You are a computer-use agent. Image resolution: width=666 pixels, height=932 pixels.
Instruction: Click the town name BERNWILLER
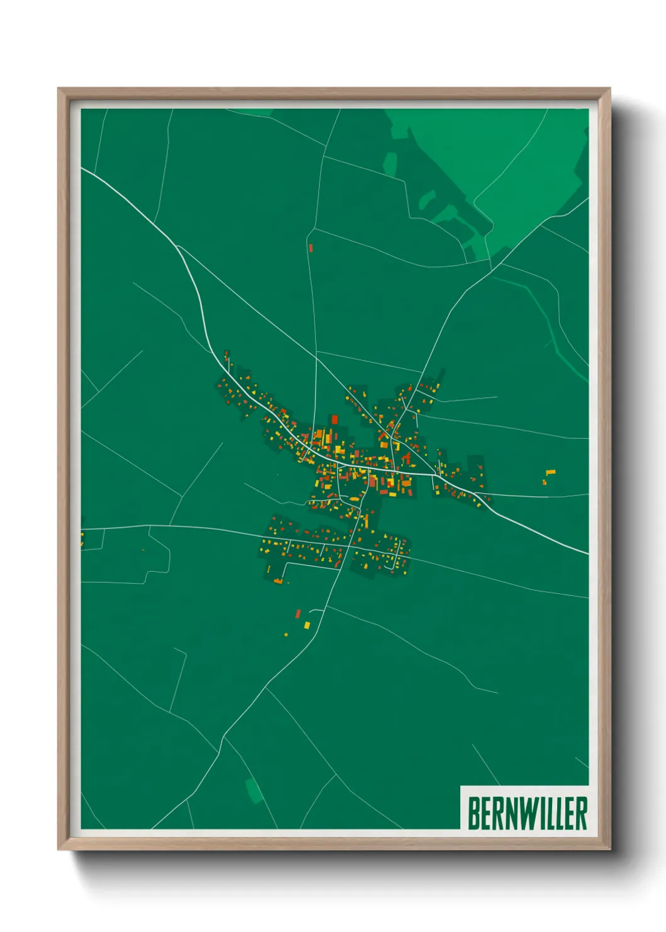528,813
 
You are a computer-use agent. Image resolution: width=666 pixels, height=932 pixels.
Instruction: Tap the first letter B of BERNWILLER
473,813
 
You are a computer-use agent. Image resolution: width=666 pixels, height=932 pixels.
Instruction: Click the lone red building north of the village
311,248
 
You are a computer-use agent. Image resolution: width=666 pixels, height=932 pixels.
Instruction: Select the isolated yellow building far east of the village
551,472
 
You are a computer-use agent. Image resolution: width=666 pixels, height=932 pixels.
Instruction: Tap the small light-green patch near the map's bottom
254,791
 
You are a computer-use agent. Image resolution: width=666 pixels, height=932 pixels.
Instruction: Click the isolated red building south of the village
298,613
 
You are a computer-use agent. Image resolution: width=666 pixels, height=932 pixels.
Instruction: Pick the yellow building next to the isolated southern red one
307,625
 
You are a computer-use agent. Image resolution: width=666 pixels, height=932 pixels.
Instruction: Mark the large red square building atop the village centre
335,419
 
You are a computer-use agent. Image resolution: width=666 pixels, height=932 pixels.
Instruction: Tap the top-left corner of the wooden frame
59,89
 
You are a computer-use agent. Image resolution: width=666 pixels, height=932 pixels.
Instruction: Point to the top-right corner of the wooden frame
609,89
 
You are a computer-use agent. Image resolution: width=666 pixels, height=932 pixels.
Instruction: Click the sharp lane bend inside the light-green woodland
475,200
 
